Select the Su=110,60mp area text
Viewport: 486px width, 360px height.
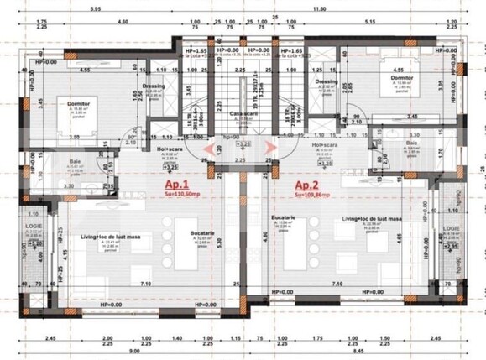tap(171, 217)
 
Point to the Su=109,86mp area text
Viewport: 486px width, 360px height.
tap(311, 217)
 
